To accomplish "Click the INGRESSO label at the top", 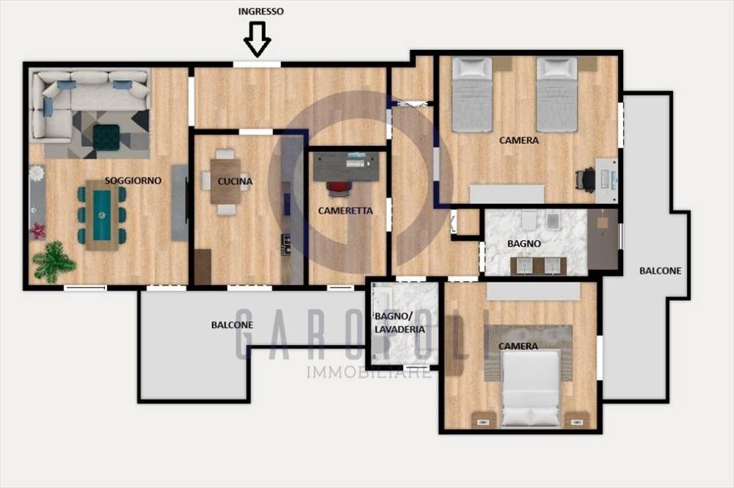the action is pos(261,11).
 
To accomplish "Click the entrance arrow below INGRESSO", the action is pos(258,40).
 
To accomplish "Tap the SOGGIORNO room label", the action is pos(133,180).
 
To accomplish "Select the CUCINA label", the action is pos(235,181).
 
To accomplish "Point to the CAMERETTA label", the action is pos(346,211).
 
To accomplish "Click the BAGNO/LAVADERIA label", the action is pos(399,323).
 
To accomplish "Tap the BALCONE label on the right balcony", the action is pos(660,271).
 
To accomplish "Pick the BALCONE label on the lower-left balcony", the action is pos(232,324).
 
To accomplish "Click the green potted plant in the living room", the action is pos(54,262).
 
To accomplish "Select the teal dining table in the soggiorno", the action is pos(102,215).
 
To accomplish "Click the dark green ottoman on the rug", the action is pos(106,137).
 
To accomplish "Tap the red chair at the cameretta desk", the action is pos(339,188).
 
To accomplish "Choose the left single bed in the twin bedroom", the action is pos(472,95).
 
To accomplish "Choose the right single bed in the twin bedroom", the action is pos(556,95).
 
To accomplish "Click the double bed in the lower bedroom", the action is pos(531,389).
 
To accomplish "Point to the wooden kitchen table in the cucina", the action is pos(225,181).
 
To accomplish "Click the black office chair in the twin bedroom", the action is pos(585,180).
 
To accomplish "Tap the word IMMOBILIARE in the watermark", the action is pos(369,373).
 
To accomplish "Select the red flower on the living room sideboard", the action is pos(37,230).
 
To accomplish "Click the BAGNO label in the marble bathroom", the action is pos(524,244).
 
